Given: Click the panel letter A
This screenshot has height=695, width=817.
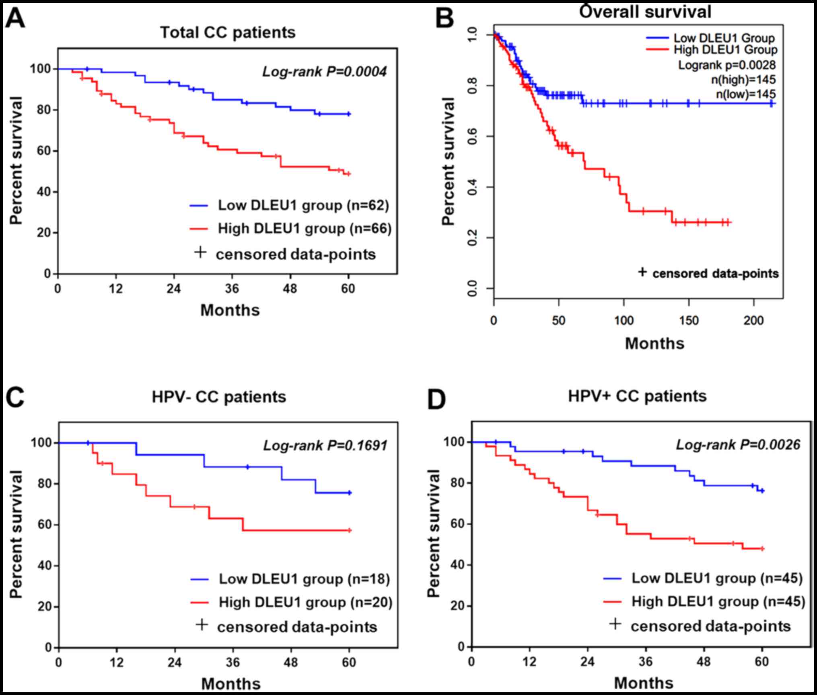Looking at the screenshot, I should (15, 18).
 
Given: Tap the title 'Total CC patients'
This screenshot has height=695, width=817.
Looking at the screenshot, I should (228, 33).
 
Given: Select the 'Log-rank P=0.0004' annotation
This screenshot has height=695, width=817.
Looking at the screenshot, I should (324, 72).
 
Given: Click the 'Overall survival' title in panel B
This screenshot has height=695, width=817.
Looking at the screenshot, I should (645, 12).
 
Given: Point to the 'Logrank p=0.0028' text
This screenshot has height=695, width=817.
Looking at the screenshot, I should (727, 65).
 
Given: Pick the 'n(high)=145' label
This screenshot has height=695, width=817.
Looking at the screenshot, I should (743, 80).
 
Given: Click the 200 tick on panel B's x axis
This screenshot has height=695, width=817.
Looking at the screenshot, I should (753, 321).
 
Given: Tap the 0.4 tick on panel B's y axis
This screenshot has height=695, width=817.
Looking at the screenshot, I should (473, 187).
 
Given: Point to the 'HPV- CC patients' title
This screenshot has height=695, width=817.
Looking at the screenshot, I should (219, 397).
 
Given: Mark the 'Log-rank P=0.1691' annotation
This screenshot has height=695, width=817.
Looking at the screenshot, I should (325, 445).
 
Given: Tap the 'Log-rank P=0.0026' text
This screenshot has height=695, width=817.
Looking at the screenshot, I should (738, 444).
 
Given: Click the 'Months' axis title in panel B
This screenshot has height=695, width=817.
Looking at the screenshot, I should (654, 344).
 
